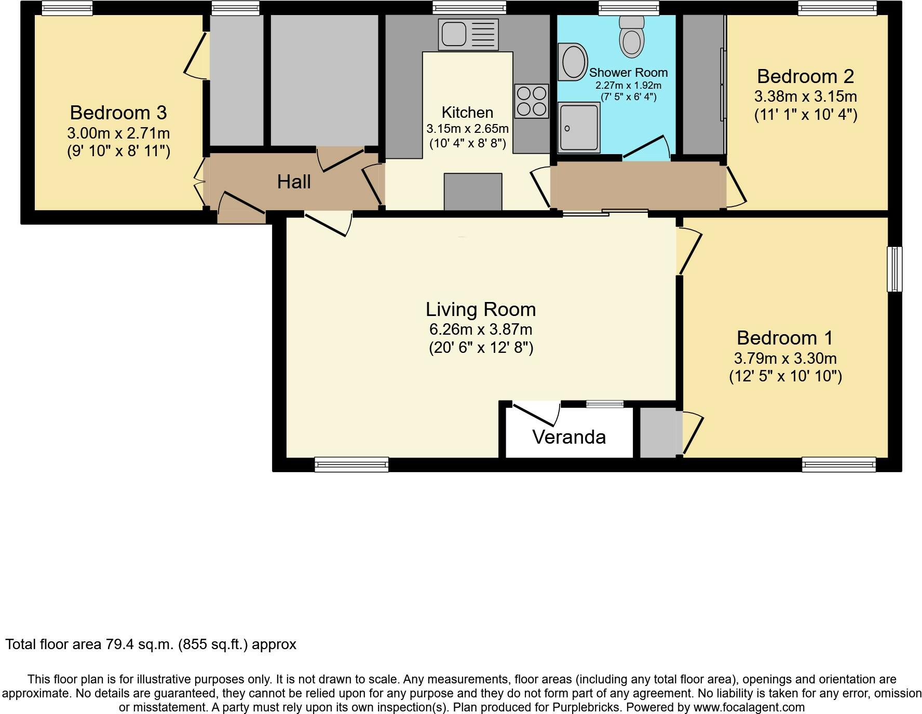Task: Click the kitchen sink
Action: (x=468, y=35)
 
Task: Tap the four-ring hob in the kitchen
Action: (x=532, y=101)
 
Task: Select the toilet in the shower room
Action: (x=632, y=35)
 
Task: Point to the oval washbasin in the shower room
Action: (x=573, y=62)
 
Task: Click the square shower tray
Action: (x=579, y=127)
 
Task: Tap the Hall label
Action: (x=294, y=182)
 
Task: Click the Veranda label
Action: (x=569, y=437)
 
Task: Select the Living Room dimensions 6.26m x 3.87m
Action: (x=481, y=329)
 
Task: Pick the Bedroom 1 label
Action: (x=785, y=338)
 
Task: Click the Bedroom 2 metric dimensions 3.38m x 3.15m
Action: (x=806, y=97)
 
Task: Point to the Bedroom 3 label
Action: (x=118, y=113)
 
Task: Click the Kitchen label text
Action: (x=467, y=113)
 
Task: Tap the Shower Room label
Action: (x=628, y=73)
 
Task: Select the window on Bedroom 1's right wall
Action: (x=894, y=269)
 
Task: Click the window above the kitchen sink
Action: (x=469, y=7)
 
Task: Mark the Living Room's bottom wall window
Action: (x=351, y=464)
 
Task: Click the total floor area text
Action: (x=151, y=644)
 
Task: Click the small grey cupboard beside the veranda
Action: (x=659, y=433)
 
